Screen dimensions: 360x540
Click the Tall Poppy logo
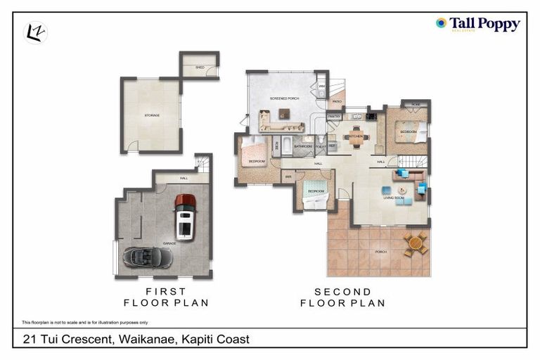coord(477,25)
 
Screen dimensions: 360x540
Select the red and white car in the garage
coord(185,217)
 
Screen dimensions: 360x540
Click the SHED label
coord(200,67)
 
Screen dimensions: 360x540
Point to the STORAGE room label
coord(153,115)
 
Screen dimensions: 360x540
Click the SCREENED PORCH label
coord(285,98)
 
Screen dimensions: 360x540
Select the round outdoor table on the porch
coord(416,243)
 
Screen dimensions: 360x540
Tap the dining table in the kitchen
coord(356,138)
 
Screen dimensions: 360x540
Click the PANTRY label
coord(334,117)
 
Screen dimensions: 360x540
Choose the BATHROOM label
coord(303,146)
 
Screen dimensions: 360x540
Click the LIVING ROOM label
coord(394,198)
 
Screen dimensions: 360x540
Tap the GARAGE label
coord(169,243)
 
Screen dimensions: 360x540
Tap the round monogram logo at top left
coord(35,32)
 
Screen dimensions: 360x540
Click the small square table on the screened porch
coord(284,113)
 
